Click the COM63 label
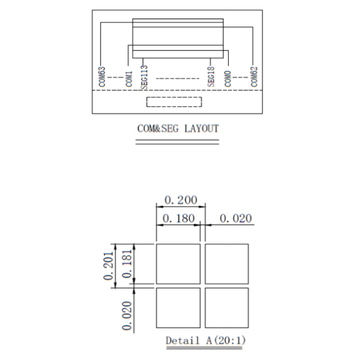point(102,77)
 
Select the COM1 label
point(129,79)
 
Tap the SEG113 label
point(144,77)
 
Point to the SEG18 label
point(211,77)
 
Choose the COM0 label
point(227,79)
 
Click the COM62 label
point(254,77)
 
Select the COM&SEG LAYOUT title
point(178,129)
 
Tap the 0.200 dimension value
point(181,200)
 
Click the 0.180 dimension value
point(179,218)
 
